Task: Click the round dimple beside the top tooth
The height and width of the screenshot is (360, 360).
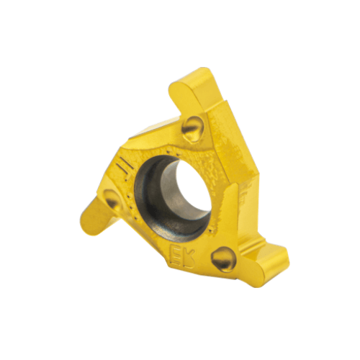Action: (192, 129)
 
